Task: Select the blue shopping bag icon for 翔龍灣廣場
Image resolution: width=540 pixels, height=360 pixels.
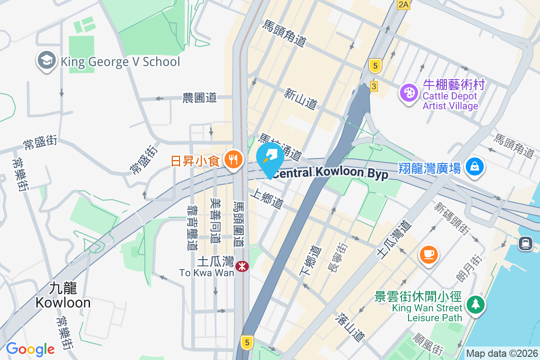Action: click(474, 167)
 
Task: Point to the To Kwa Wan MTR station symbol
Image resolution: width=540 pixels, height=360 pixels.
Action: click(243, 266)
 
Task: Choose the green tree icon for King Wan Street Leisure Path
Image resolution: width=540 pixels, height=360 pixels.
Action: click(474, 305)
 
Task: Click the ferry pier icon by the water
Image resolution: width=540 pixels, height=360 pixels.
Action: click(525, 243)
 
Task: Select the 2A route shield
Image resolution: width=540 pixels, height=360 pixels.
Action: click(404, 5)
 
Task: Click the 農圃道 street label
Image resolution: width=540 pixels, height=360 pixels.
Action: click(199, 97)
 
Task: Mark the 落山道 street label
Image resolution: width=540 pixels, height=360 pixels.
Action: click(350, 327)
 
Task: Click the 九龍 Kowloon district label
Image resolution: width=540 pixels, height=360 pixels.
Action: click(63, 295)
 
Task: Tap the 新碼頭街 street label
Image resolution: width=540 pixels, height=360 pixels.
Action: click(452, 219)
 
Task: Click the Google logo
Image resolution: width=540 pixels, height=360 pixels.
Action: click(30, 349)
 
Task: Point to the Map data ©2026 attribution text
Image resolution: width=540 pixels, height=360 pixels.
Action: click(502, 354)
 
